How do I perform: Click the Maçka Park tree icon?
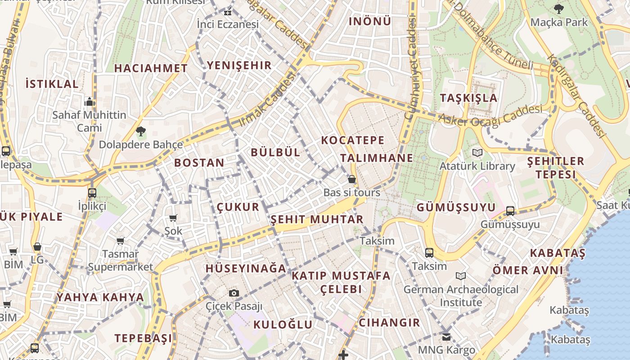558,9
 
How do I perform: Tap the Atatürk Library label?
477,166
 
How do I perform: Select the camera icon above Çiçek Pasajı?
234,293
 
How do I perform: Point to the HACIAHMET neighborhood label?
151,68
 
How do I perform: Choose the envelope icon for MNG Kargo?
446,337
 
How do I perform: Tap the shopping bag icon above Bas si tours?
352,179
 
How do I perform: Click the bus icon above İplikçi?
92,193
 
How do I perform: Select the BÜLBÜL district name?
275,152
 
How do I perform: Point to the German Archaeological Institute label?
461,296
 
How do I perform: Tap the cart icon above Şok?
173,218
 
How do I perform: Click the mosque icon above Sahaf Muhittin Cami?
90,102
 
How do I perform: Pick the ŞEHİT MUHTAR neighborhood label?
316,220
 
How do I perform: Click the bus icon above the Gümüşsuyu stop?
510,211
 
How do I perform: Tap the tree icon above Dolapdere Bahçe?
141,131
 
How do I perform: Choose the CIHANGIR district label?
389,323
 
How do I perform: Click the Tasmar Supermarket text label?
121,261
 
